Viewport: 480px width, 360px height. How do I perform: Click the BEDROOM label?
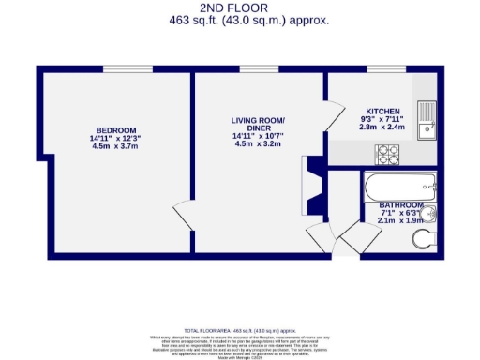coord(116,130)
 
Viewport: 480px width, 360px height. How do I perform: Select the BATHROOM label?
coord(401,205)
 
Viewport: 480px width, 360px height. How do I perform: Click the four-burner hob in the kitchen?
coord(386,154)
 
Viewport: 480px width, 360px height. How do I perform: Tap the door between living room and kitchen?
coord(330,117)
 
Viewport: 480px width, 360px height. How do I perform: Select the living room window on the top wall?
coord(252,68)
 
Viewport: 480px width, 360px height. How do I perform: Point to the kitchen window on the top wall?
coord(379,68)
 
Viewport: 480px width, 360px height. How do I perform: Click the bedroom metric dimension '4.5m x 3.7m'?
coord(116,147)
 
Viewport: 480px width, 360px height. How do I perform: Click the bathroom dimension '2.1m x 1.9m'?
coord(401,222)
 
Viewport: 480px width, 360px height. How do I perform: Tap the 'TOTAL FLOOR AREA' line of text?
coord(241,331)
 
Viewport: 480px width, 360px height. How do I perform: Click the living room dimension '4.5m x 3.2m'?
coord(257,144)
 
